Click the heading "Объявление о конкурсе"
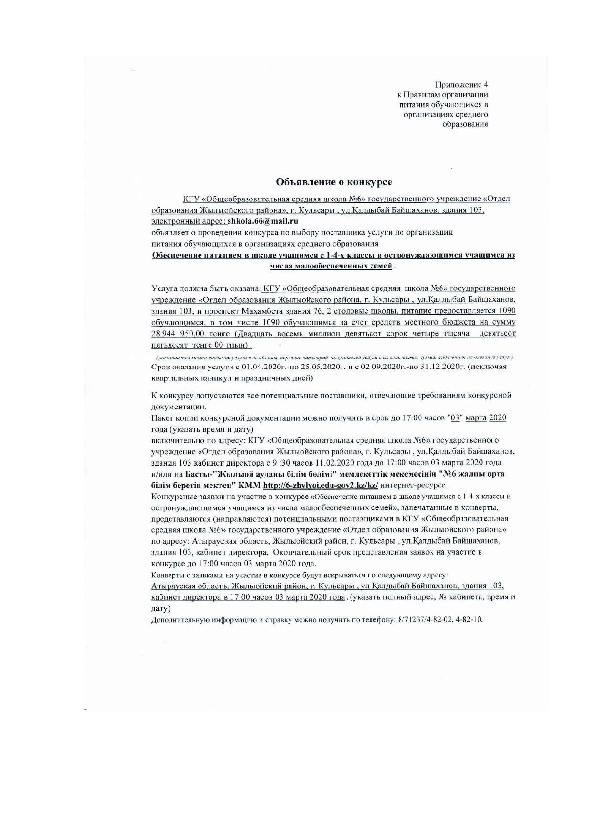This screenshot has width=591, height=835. (334, 182)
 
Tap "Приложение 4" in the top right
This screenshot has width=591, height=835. (462, 85)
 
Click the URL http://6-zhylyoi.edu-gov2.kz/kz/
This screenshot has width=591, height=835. (321, 485)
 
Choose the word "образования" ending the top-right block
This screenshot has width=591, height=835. (465, 124)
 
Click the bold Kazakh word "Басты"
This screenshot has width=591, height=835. (195, 474)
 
